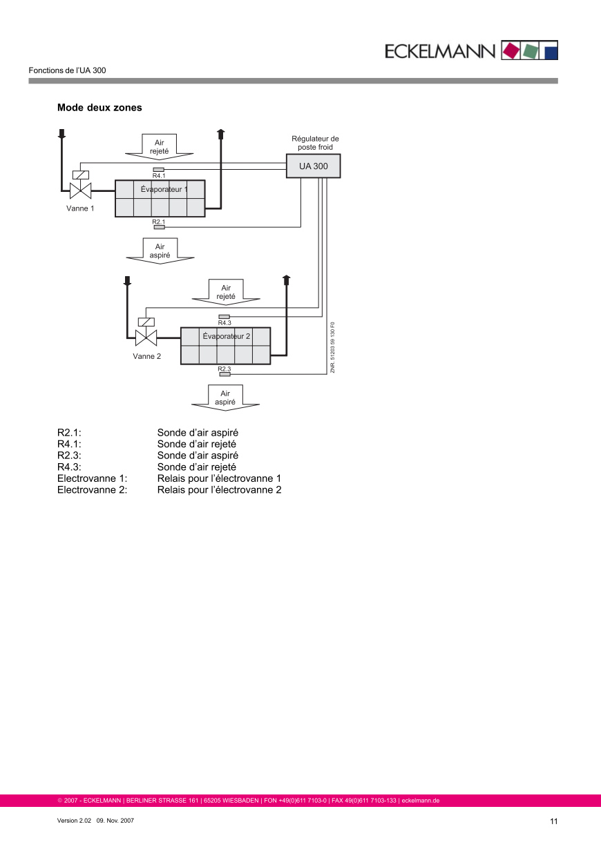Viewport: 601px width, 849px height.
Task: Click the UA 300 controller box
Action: [313, 166]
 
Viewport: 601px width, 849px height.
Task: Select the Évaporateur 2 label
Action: [226, 336]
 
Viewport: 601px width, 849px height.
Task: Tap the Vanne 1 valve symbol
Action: [81, 190]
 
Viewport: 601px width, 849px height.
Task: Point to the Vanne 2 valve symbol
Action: [146, 338]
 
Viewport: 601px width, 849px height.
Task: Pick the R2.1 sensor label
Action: [159, 222]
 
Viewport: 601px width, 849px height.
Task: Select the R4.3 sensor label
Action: [225, 323]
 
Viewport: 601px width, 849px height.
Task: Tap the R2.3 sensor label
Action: [225, 369]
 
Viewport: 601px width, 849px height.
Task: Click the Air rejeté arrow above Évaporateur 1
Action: [160, 146]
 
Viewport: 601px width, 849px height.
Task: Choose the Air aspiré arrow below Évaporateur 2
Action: [225, 398]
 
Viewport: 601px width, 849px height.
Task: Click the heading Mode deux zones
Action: [99, 108]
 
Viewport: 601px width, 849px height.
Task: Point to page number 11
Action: [553, 821]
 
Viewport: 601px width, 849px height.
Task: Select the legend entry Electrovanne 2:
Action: [92, 490]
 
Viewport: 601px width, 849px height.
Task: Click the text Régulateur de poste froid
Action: [315, 143]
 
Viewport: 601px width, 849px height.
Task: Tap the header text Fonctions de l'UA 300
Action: [67, 70]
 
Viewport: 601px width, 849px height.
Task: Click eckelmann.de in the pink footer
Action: [421, 801]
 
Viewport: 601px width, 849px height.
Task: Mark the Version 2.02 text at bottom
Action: [74, 821]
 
